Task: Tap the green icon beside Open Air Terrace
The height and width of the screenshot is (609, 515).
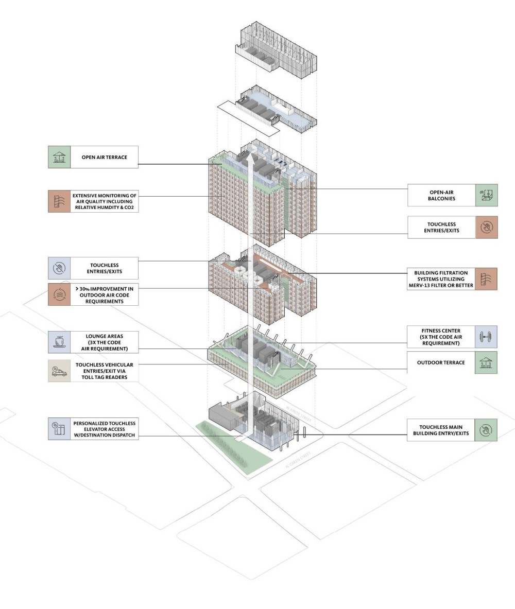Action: pyautogui.click(x=59, y=157)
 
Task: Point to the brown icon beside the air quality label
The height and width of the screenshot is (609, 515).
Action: pyautogui.click(x=59, y=201)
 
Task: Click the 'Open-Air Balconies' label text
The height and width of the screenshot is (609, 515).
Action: pyautogui.click(x=441, y=195)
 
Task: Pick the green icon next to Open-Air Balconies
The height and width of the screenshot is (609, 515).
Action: pyautogui.click(x=486, y=195)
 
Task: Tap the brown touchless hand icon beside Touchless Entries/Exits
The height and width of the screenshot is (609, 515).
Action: pyautogui.click(x=486, y=227)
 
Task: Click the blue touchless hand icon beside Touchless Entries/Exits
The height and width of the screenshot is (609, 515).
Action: pyautogui.click(x=59, y=268)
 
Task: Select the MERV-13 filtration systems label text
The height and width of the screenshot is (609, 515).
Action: pyautogui.click(x=443, y=279)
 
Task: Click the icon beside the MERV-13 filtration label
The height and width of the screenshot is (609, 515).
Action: pyautogui.click(x=486, y=279)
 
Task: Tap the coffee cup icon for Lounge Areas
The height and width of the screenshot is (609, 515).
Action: pyautogui.click(x=59, y=342)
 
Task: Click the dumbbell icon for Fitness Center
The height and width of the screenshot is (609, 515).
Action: pyautogui.click(x=486, y=337)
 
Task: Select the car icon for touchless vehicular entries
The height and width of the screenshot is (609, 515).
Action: pyautogui.click(x=59, y=370)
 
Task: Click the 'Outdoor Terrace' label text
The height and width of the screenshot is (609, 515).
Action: pyautogui.click(x=441, y=362)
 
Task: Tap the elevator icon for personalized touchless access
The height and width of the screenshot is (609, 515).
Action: pyautogui.click(x=59, y=428)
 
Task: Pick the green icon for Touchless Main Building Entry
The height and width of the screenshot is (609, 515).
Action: pyautogui.click(x=486, y=430)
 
